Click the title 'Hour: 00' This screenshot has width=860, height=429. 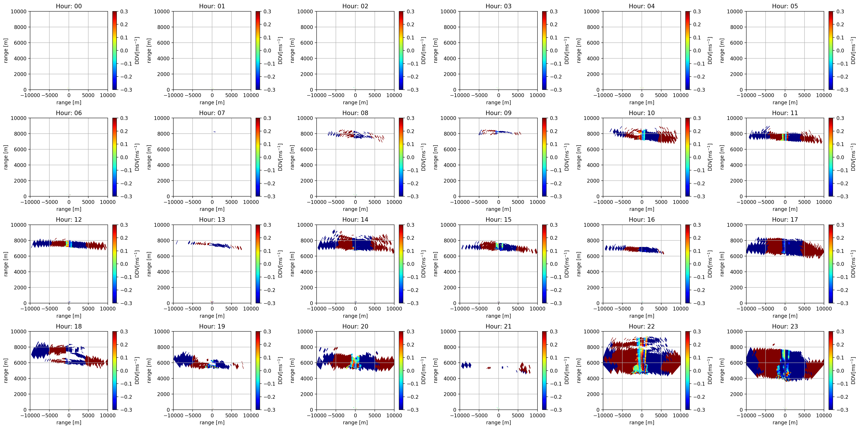point(69,6)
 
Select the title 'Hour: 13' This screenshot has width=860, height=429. point(212,220)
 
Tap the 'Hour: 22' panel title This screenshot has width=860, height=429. point(642,326)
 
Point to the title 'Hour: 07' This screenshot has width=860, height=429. point(212,113)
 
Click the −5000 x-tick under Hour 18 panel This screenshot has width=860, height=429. point(49,415)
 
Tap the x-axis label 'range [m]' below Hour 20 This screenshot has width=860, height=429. point(355,422)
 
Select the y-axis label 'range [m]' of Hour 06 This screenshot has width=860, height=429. point(6,157)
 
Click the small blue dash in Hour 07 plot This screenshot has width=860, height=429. point(215,132)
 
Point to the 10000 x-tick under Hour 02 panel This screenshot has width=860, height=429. point(394,95)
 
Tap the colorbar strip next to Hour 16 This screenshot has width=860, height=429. point(688,264)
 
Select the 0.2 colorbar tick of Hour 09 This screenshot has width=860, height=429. point(554,131)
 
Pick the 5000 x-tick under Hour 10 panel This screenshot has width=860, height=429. point(661,202)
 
